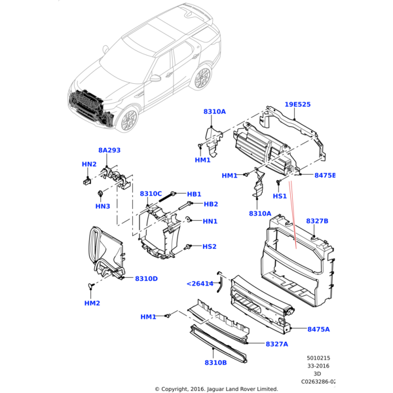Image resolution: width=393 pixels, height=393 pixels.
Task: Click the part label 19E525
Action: click(297, 104)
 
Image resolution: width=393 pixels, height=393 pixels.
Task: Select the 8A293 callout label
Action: click(109, 150)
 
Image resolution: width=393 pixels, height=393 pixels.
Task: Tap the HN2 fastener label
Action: click(89, 164)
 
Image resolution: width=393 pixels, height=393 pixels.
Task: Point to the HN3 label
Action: click(102, 206)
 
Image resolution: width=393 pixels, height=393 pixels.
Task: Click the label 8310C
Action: click(151, 194)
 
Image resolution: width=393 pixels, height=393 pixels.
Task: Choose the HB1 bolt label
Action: click(194, 194)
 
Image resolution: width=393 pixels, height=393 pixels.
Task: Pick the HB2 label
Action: click(210, 204)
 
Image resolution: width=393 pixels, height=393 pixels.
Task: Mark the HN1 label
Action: click(210, 221)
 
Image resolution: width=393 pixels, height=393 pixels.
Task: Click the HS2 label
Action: click(209, 247)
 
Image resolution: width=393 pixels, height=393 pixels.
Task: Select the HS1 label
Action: click(280, 196)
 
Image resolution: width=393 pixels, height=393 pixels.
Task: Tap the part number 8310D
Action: click(146, 278)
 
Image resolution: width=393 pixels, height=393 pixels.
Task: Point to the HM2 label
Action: click(92, 303)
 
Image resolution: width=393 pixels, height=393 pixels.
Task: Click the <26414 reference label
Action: click(200, 284)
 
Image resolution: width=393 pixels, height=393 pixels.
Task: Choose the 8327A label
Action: click(277, 344)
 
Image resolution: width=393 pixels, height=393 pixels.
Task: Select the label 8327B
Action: click(317, 221)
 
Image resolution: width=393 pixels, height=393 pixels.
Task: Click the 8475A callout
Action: click(318, 329)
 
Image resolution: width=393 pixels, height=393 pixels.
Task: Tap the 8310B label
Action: click(215, 362)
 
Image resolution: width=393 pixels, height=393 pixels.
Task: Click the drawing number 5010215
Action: click(320, 358)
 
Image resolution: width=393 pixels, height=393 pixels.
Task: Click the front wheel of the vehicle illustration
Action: click(129, 119)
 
